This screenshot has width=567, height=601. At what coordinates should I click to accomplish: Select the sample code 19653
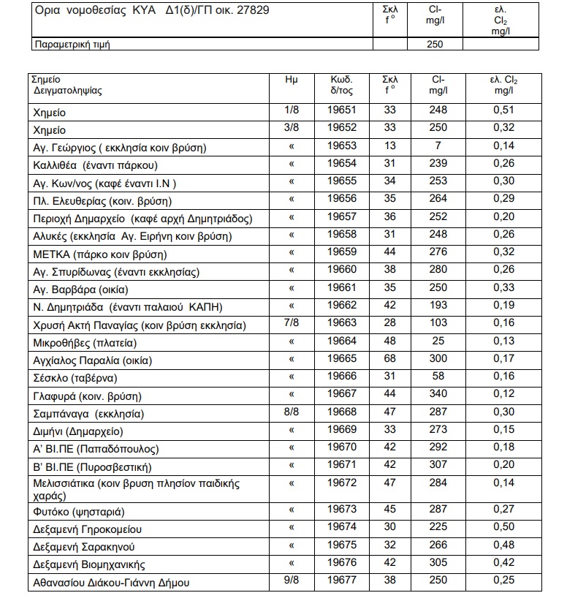pyautogui.click(x=341, y=147)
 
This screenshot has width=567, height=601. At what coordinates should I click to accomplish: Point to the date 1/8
pyautogui.click(x=292, y=110)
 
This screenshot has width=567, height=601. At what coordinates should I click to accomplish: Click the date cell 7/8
pyautogui.click(x=292, y=324)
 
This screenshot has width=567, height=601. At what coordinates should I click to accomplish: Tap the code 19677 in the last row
pyautogui.click(x=341, y=581)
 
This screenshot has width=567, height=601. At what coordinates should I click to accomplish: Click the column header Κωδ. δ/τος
pyautogui.click(x=341, y=86)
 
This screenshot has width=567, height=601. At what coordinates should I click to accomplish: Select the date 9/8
pyautogui.click(x=292, y=581)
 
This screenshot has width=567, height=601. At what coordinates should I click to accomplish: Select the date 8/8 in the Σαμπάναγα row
pyautogui.click(x=292, y=413)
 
